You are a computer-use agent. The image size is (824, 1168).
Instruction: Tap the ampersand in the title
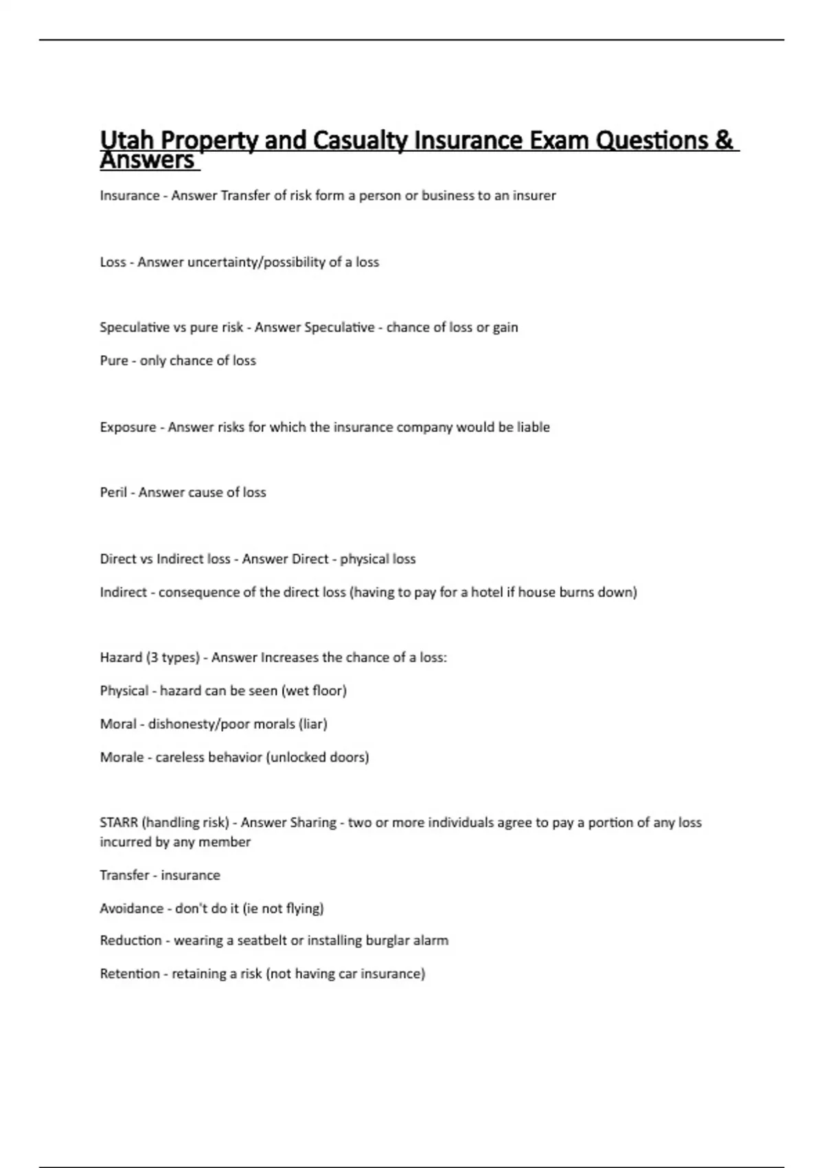coord(724,140)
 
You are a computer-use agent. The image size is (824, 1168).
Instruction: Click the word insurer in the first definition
coord(534,196)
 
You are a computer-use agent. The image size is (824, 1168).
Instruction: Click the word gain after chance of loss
coord(505,328)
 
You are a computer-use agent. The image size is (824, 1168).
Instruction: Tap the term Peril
coord(113,493)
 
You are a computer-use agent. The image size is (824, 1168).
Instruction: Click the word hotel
coord(487,592)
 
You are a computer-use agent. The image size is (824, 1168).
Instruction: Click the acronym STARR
coord(119,822)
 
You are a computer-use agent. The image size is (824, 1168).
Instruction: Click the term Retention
coord(130,974)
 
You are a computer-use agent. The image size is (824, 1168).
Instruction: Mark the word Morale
coord(122,757)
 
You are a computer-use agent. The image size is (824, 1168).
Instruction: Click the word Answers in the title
coord(147,161)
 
